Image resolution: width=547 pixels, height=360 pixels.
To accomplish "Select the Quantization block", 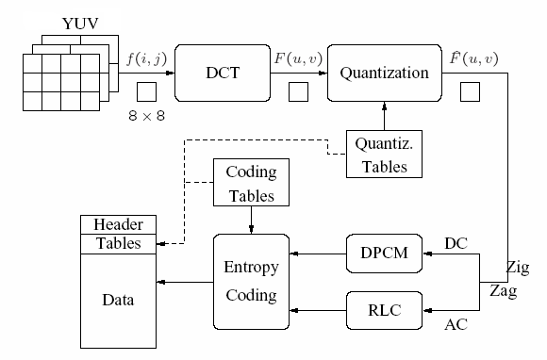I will pos(384,72).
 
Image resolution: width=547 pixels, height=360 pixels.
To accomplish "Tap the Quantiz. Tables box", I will pos(383,155).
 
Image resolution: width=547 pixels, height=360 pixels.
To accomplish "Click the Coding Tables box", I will pos(252,184).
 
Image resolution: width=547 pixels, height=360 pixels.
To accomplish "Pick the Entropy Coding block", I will pos(251,281).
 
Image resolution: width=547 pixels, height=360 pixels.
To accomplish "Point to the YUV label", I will pos(79,21).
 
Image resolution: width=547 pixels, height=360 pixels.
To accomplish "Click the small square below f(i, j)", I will pos(146,92).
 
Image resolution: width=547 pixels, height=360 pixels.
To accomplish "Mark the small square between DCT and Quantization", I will pos(297,92).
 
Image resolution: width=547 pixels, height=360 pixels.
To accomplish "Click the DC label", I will pos(455,242).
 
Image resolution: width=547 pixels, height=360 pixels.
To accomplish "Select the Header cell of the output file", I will pos(117,224).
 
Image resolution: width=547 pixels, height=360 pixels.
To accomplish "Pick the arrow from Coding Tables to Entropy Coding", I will pos(251,218).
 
